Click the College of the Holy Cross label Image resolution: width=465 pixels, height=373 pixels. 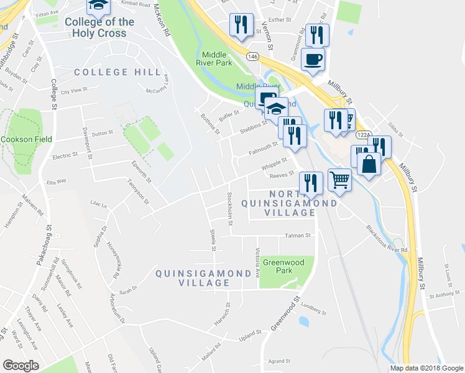pos(99,27)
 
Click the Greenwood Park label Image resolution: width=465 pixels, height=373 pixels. pos(283,267)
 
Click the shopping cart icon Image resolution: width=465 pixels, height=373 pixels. pos(339,180)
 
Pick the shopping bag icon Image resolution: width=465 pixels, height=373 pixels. pos(369,165)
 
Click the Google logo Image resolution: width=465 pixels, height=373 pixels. pos(21,366)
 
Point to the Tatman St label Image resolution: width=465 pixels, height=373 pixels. pos(297,235)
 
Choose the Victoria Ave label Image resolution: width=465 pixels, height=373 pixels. pos(257,263)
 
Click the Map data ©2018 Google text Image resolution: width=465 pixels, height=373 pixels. pos(427,368)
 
